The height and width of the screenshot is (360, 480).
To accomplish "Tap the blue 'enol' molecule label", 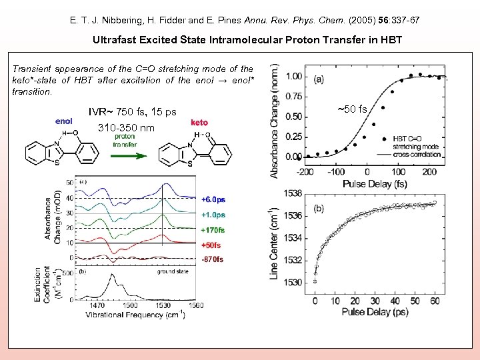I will pyautogui.click(x=63, y=121).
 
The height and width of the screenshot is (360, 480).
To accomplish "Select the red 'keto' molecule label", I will pyautogui.click(x=199, y=123).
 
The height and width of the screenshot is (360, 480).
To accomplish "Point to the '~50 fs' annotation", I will pyautogui.click(x=353, y=109).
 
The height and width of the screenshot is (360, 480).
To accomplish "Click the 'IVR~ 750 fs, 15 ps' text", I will pyautogui.click(x=133, y=111).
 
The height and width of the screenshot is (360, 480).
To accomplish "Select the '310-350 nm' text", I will pyautogui.click(x=126, y=127).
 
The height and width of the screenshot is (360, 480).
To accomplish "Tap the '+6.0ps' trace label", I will pyautogui.click(x=213, y=199).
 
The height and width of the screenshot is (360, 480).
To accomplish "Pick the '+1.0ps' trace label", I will pyautogui.click(x=213, y=215).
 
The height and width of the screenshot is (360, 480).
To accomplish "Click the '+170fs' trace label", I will pyautogui.click(x=213, y=230).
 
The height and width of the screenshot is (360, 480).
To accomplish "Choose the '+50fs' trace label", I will pyautogui.click(x=211, y=245).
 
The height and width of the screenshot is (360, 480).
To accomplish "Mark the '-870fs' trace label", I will pyautogui.click(x=211, y=259).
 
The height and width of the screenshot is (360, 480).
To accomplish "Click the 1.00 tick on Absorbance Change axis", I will pyautogui.click(x=293, y=77).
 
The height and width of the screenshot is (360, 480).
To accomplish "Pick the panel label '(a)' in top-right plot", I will pyautogui.click(x=319, y=79).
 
